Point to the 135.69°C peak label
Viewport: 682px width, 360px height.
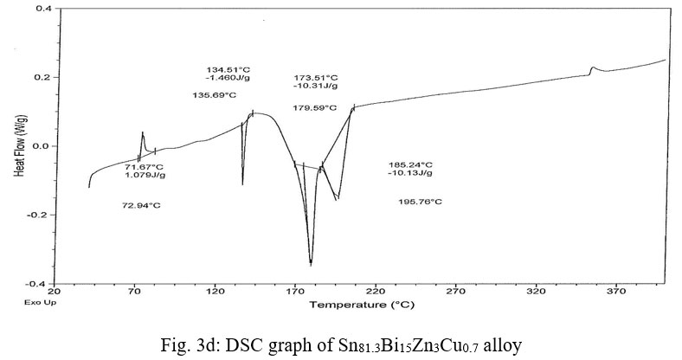[x=214, y=95]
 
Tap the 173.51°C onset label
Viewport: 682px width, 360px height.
[x=316, y=78]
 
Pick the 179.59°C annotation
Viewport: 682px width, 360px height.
[x=316, y=108]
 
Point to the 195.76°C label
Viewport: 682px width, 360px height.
[x=420, y=202]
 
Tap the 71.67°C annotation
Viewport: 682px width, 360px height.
[x=144, y=166]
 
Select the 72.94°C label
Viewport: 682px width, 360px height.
[x=142, y=205]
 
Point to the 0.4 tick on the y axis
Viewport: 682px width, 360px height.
[x=43, y=8]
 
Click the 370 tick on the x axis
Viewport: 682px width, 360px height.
[x=615, y=292]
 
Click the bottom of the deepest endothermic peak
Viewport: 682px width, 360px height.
[x=311, y=263]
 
